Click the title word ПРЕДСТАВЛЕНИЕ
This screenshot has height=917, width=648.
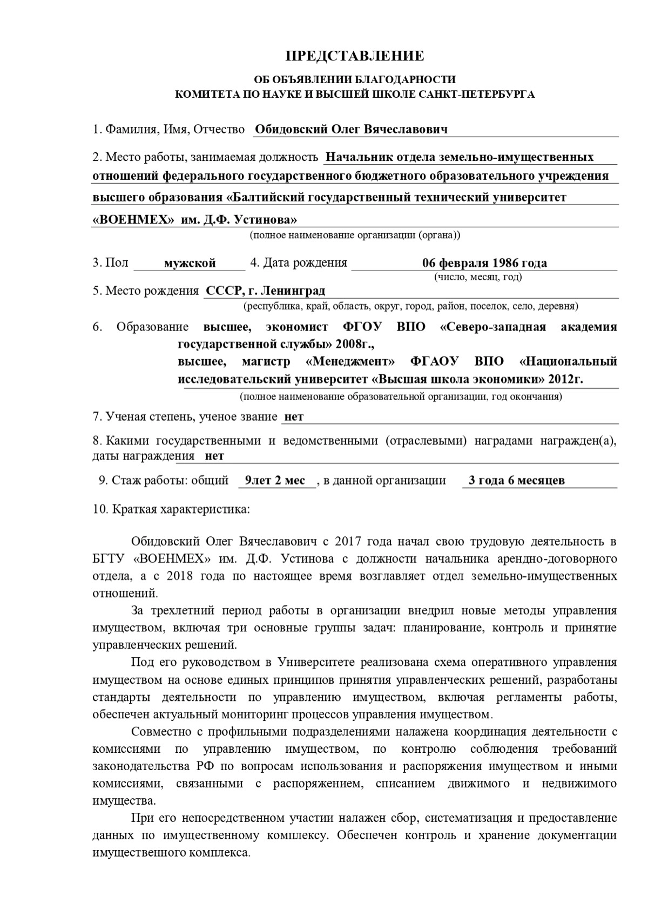click(355, 56)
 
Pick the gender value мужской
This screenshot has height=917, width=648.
click(190, 264)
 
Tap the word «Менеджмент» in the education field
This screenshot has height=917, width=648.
click(350, 361)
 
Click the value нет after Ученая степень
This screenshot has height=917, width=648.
click(294, 417)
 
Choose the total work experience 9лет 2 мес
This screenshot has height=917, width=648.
click(275, 481)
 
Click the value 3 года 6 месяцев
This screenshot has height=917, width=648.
click(517, 481)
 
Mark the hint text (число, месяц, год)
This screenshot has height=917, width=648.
click(478, 278)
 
